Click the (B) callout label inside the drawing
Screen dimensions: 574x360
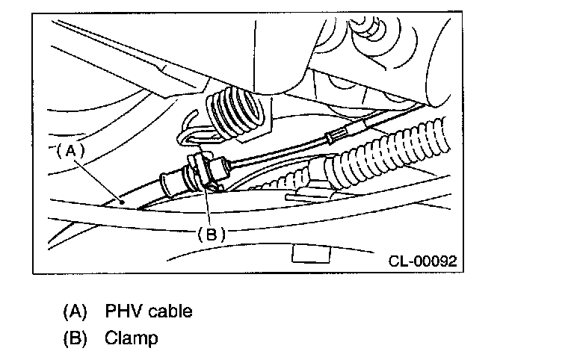[x=211, y=232]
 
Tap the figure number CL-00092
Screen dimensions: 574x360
[x=422, y=261]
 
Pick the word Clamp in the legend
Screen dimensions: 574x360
[x=132, y=338]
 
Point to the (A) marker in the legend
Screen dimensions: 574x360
[x=74, y=309]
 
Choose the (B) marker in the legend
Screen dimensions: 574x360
[x=74, y=338]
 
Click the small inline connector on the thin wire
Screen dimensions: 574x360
[x=336, y=137]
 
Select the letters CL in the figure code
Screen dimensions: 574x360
[x=398, y=261]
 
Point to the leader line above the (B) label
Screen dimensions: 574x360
[x=207, y=205]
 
